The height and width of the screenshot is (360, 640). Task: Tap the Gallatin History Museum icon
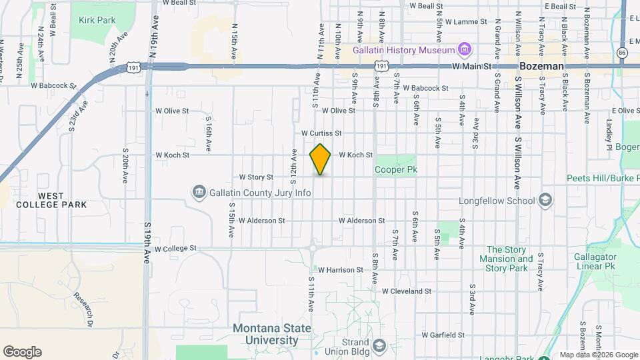pyautogui.click(x=465, y=50)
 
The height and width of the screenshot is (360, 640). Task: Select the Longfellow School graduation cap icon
pyautogui.click(x=545, y=200)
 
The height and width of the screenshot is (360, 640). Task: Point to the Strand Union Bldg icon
pyautogui.click(x=379, y=345)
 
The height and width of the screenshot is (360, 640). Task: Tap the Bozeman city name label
pyautogui.click(x=541, y=67)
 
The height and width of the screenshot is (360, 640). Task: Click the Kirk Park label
pyautogui.click(x=97, y=20)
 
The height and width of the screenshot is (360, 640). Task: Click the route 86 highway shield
pyautogui.click(x=622, y=52)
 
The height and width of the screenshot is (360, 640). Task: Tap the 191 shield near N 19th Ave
pyautogui.click(x=133, y=67)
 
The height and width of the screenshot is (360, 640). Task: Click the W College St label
pyautogui.click(x=176, y=248)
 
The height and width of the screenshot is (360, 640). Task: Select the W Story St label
pyautogui.click(x=256, y=177)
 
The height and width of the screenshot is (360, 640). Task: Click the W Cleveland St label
pyautogui.click(x=407, y=291)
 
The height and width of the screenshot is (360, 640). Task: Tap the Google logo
pyautogui.click(x=22, y=352)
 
